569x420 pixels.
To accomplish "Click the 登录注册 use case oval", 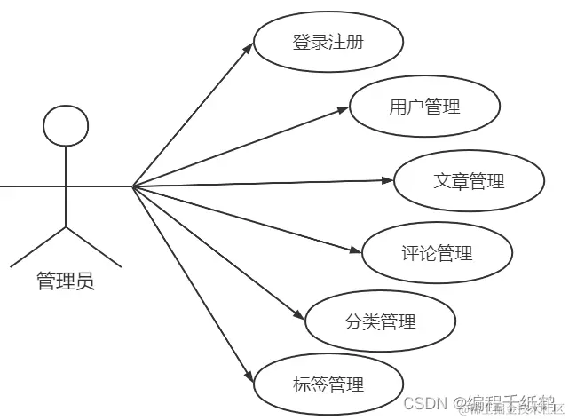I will pyautogui.click(x=328, y=42).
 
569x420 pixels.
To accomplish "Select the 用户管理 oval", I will pyautogui.click(x=424, y=107).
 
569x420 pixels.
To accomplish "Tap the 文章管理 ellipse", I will pyautogui.click(x=469, y=181).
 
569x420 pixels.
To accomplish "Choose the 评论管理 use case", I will pyautogui.click(x=437, y=253).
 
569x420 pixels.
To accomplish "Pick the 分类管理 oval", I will pyautogui.click(x=380, y=321).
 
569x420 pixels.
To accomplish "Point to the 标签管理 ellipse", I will pyautogui.click(x=328, y=384).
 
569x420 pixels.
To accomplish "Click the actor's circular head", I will pyautogui.click(x=66, y=125).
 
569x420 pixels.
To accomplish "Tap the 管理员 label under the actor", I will pyautogui.click(x=65, y=282).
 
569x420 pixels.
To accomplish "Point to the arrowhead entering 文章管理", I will pyautogui.click(x=387, y=181).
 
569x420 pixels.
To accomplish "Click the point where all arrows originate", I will pyautogui.click(x=132, y=186).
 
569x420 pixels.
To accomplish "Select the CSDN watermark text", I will pyautogui.click(x=423, y=402).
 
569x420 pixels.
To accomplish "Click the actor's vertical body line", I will pyautogui.click(x=66, y=186).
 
